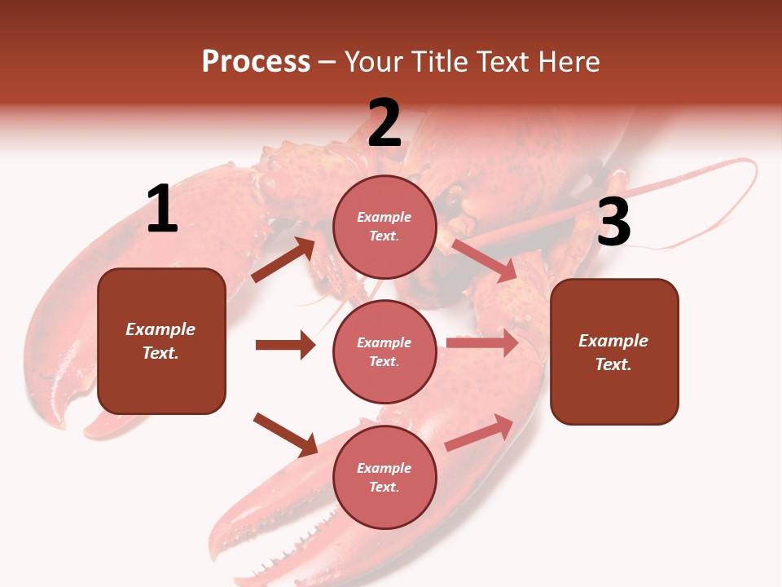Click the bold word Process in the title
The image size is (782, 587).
pyautogui.click(x=256, y=61)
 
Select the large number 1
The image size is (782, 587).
pyautogui.click(x=162, y=210)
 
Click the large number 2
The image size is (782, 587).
pyautogui.click(x=384, y=123)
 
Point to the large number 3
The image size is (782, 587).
pyautogui.click(x=613, y=223)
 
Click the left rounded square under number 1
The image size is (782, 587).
pyautogui.click(x=161, y=341)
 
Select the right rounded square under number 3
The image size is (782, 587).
pyautogui.click(x=614, y=351)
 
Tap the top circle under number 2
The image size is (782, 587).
pyautogui.click(x=384, y=227)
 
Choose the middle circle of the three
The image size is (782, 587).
pyautogui.click(x=384, y=351)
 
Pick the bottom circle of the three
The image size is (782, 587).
pyautogui.click(x=384, y=477)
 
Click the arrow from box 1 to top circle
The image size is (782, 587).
pyautogui.click(x=283, y=259)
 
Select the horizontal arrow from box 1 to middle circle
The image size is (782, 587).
pyautogui.click(x=285, y=345)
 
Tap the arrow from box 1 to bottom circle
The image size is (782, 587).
pyautogui.click(x=285, y=434)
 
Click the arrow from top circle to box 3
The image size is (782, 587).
pyautogui.click(x=485, y=260)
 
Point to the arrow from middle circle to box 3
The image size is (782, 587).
pyautogui.click(x=482, y=343)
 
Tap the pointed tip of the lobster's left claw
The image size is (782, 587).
pyautogui.click(x=59, y=421)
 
